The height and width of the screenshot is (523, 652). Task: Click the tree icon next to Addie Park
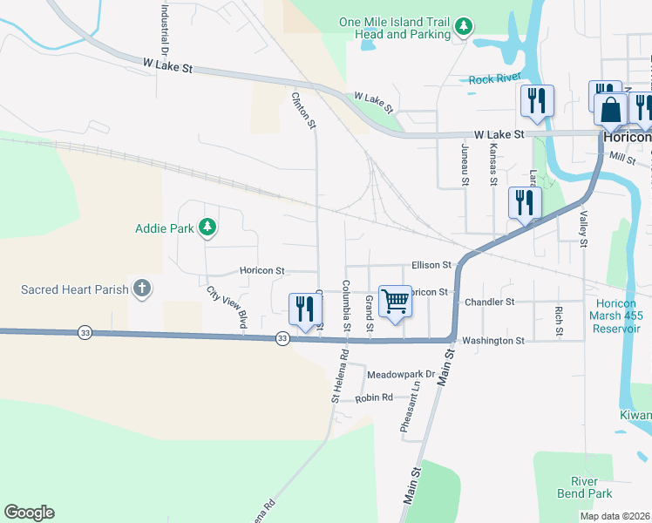pyautogui.click(x=207, y=228)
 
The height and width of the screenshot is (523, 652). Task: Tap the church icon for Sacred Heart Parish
pyautogui.click(x=141, y=289)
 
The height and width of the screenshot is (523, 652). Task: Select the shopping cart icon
pyautogui.click(x=395, y=302)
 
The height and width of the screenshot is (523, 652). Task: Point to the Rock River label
pyautogui.click(x=494, y=79)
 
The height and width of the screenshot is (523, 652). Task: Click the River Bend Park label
pyautogui.click(x=584, y=488)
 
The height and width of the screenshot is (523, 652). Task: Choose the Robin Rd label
pyautogui.click(x=374, y=398)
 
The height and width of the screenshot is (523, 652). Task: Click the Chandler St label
pyautogui.click(x=491, y=302)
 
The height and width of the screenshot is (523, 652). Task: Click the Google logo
pyautogui.click(x=29, y=513)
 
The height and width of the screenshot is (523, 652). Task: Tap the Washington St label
pyautogui.click(x=493, y=341)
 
